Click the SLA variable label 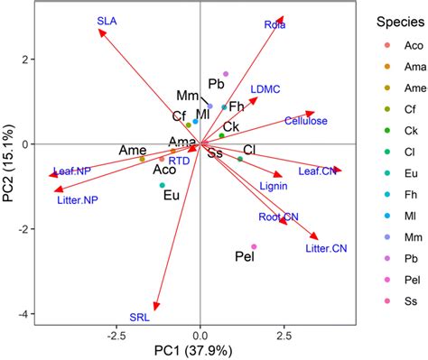pyautogui.click(x=107, y=20)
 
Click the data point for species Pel pyautogui.click(x=254, y=246)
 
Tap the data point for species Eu pyautogui.click(x=163, y=185)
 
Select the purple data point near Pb pyautogui.click(x=226, y=74)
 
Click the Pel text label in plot pyautogui.click(x=244, y=257)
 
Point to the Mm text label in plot pyautogui.click(x=187, y=96)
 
